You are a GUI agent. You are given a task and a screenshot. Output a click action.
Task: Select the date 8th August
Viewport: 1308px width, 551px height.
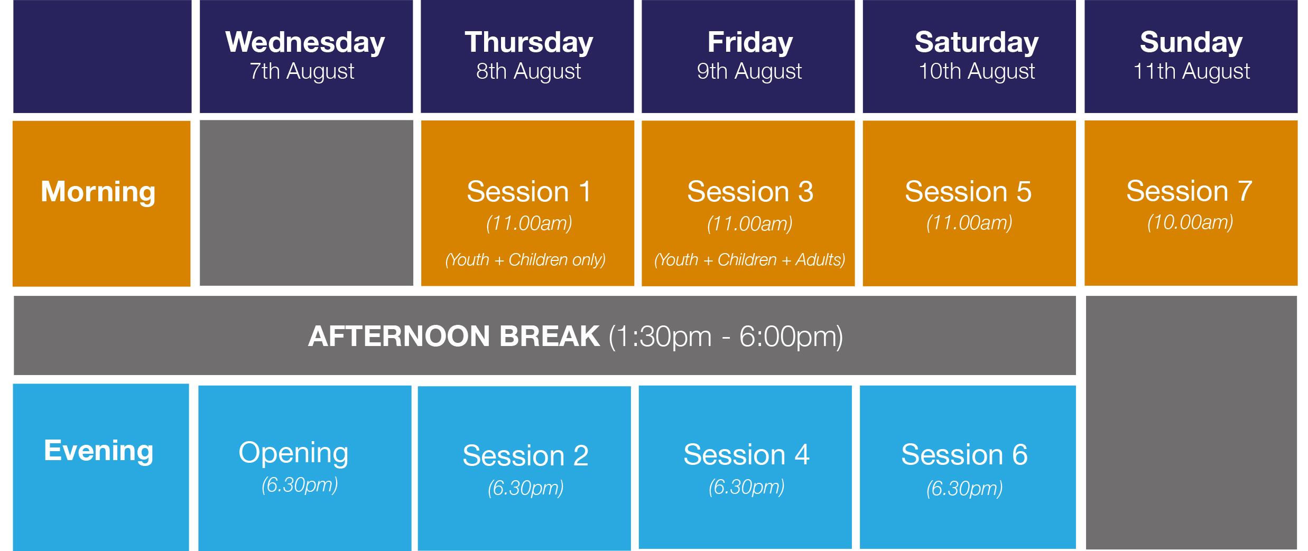click(528, 71)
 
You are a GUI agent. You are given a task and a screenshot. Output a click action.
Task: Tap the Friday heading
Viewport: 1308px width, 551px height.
click(750, 42)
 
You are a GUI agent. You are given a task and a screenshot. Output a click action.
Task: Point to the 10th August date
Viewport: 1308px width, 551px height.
click(977, 71)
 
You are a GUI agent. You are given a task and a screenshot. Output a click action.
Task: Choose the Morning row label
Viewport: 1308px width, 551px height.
click(98, 192)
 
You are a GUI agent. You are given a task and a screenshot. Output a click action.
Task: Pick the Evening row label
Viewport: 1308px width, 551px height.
click(99, 451)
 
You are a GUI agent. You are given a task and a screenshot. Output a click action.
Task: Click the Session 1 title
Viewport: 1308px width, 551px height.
click(529, 191)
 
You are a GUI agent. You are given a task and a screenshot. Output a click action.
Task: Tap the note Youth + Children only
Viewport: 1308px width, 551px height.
click(525, 260)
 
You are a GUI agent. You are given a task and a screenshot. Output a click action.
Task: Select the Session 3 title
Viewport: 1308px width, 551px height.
click(750, 191)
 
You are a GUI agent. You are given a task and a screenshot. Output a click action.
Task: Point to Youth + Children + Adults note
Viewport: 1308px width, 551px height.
click(749, 260)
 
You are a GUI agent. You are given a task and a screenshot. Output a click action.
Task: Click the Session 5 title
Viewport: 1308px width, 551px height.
click(968, 191)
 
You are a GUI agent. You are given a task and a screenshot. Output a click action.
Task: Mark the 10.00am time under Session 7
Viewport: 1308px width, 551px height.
click(1190, 222)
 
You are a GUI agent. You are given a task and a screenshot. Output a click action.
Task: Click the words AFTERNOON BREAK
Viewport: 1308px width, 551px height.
click(454, 337)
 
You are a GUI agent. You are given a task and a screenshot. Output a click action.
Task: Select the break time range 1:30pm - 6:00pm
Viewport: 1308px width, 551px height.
click(726, 337)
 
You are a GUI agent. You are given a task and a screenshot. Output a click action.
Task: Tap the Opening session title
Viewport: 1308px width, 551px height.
click(293, 453)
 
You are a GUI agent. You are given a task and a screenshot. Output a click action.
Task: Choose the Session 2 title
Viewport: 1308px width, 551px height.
click(525, 455)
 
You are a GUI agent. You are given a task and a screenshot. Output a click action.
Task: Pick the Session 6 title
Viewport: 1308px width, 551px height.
click(964, 454)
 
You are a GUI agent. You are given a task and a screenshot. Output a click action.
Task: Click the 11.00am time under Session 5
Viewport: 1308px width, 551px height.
click(969, 223)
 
